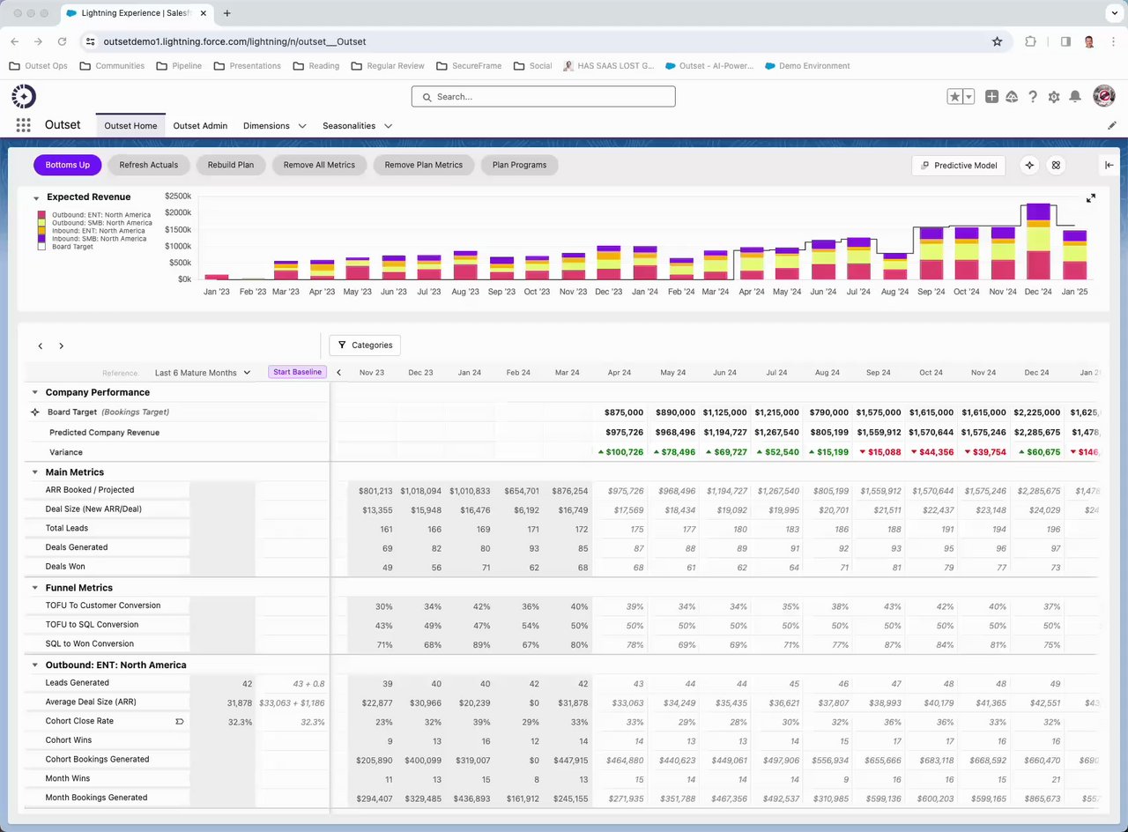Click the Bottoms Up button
(68, 165)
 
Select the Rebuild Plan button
(231, 165)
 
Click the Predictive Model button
(959, 165)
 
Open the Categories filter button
(365, 345)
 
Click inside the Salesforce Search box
(543, 97)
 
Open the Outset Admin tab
(200, 126)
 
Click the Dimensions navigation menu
(274, 126)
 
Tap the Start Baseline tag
(297, 372)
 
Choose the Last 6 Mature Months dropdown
(203, 373)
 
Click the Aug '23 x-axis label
(465, 292)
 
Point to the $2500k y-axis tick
(177, 196)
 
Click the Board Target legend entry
(72, 247)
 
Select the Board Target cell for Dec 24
(1037, 412)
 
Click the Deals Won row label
(65, 567)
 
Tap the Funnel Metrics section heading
(78, 588)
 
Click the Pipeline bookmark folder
(179, 66)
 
